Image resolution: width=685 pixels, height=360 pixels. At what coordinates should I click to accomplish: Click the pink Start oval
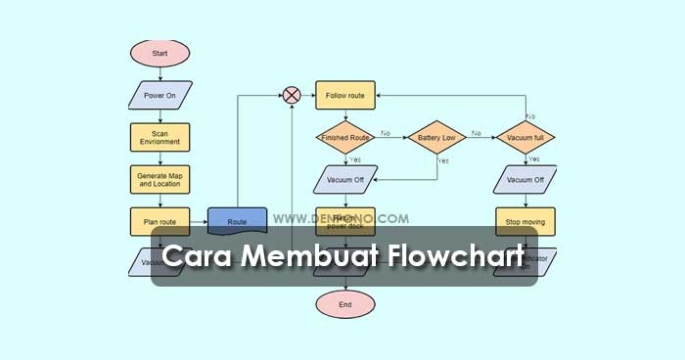pos(160,54)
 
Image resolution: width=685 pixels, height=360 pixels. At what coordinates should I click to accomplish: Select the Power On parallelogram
pos(160,96)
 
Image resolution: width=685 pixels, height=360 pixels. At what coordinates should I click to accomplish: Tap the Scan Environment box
pos(160,137)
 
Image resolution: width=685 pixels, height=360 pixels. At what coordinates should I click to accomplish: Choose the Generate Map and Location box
pos(160,179)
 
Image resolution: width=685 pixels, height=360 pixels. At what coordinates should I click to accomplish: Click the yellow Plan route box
pos(160,221)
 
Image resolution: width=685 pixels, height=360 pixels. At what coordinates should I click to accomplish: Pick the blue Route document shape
pos(237,221)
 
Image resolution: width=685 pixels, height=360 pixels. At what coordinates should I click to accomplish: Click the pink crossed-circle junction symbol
pos(292,95)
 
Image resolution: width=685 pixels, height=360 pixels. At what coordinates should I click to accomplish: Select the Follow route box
pos(344,95)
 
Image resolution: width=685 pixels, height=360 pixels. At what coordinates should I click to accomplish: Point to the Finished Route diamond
pos(344,138)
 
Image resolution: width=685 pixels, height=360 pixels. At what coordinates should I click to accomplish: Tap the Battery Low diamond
pos(435,138)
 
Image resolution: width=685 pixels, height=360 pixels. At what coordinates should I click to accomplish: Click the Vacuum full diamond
pos(525,138)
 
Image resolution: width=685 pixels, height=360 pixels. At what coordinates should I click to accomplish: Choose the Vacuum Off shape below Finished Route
pos(344,180)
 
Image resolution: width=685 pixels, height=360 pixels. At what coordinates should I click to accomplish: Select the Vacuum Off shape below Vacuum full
pos(525,180)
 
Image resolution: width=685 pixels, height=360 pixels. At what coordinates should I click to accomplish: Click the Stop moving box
pos(525,221)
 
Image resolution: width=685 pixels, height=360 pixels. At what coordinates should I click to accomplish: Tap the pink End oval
pos(344,304)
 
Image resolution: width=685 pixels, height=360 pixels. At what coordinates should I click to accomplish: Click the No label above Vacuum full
pos(530,116)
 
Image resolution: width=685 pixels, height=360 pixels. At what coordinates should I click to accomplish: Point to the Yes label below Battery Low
pos(442,160)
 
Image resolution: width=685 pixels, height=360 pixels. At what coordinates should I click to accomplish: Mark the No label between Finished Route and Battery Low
pos(386,133)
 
